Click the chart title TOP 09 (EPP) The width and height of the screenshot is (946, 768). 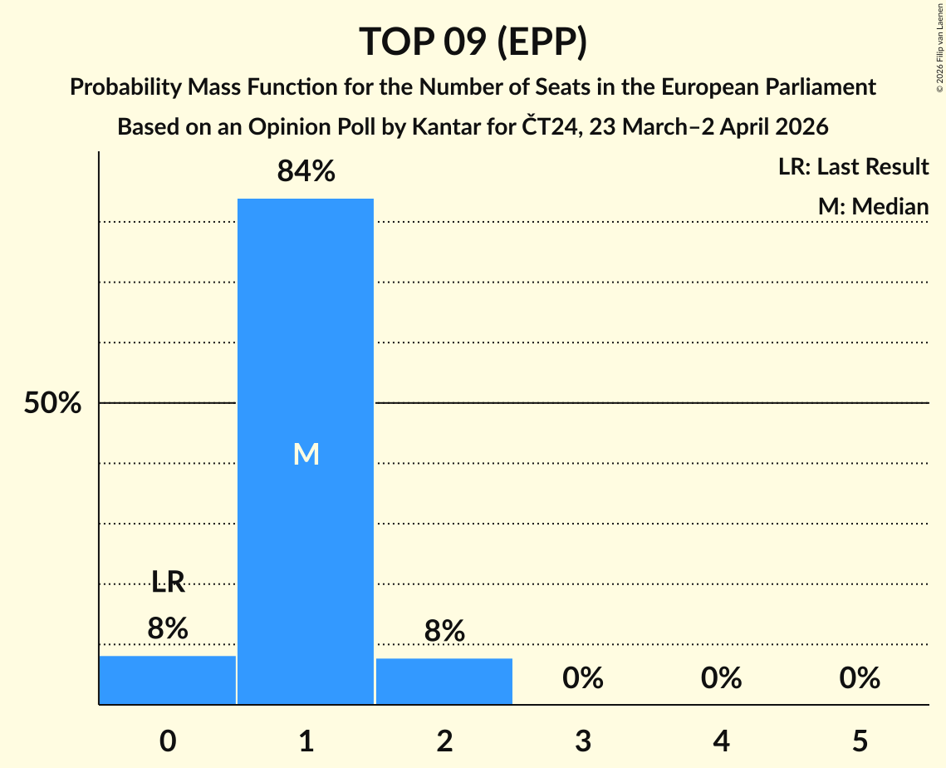pos(473,42)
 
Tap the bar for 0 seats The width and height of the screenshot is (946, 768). pos(168,680)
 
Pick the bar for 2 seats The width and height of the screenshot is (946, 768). pos(444,682)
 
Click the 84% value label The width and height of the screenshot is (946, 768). pos(306,172)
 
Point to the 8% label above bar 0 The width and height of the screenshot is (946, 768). pos(168,628)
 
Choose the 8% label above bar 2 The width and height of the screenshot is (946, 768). pos(444,632)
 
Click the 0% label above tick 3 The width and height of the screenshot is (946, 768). pos(582,678)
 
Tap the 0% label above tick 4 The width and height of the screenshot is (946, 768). pos(721,678)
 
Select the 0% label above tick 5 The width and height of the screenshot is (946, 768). pos(859,678)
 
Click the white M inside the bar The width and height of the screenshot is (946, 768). pos(306,454)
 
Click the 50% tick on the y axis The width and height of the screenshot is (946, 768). pos(52,404)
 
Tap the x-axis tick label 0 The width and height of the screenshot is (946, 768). pos(168,741)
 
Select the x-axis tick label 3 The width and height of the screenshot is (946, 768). pos(582,741)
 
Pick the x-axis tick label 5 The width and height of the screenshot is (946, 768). pos(859,741)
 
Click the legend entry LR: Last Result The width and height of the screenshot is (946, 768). pos(853,167)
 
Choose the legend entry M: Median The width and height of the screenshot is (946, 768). pos(873,206)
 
